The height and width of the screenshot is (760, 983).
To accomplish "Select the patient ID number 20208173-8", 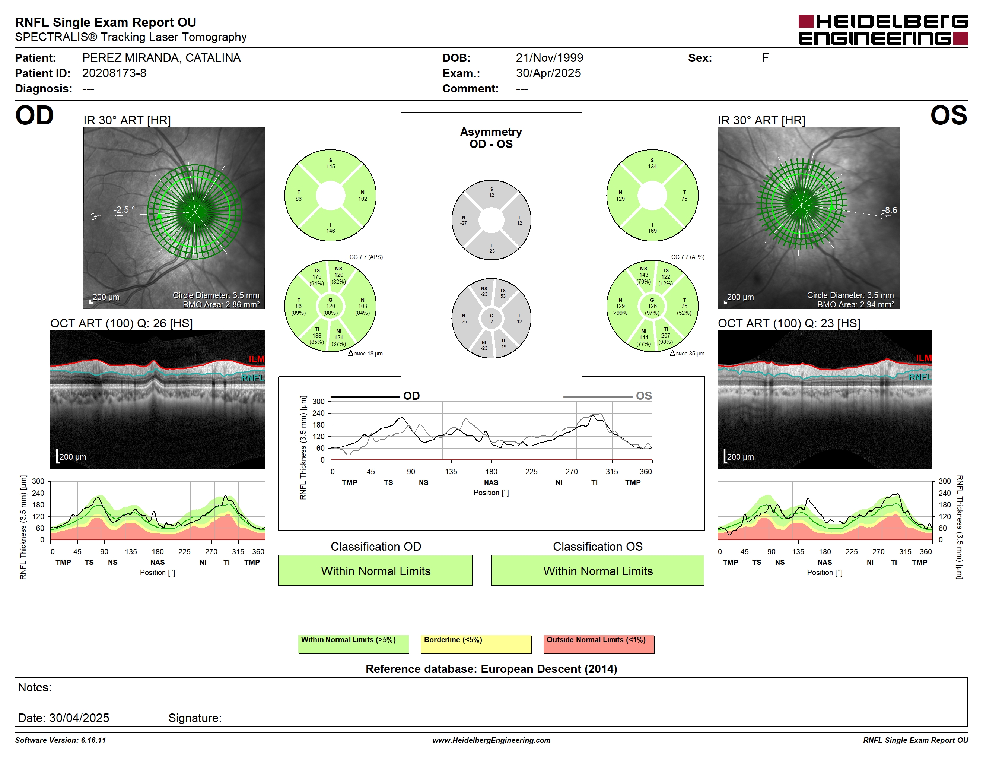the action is point(114,73).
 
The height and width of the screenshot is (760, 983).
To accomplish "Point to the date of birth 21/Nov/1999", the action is point(549,58).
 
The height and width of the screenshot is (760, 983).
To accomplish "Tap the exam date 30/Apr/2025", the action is point(548,73).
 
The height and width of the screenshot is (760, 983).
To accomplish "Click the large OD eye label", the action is point(34,116).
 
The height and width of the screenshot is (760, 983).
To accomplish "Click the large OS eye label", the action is point(949,116).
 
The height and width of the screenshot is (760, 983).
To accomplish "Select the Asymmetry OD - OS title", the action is point(491,138).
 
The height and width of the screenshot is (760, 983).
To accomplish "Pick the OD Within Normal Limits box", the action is point(375,570).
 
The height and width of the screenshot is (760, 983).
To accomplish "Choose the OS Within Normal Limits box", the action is point(597,570).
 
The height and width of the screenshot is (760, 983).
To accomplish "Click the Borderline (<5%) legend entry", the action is point(476,644).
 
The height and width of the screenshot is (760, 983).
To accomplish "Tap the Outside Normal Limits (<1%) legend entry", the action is point(599,644).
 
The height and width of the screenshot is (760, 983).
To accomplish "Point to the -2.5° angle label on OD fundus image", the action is point(124,210).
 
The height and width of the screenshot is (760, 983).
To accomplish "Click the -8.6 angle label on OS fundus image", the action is point(890,210).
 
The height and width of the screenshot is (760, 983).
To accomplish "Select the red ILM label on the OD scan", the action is point(257,359).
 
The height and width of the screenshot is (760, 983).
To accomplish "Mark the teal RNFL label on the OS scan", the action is point(920,377).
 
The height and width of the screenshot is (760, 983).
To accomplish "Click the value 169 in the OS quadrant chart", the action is point(652,231).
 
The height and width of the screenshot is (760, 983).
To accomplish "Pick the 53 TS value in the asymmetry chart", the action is point(503,296).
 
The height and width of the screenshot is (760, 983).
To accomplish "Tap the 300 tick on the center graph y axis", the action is point(318,402).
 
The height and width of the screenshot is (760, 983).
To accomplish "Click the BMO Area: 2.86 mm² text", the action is point(221,304).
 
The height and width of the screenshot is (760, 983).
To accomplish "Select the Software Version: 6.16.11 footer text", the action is point(60,740).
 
